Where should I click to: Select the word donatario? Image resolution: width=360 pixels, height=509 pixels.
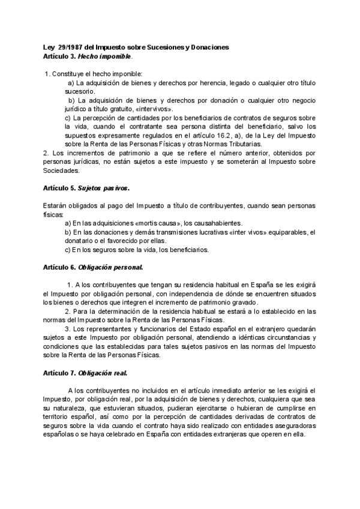pos(81,241)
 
